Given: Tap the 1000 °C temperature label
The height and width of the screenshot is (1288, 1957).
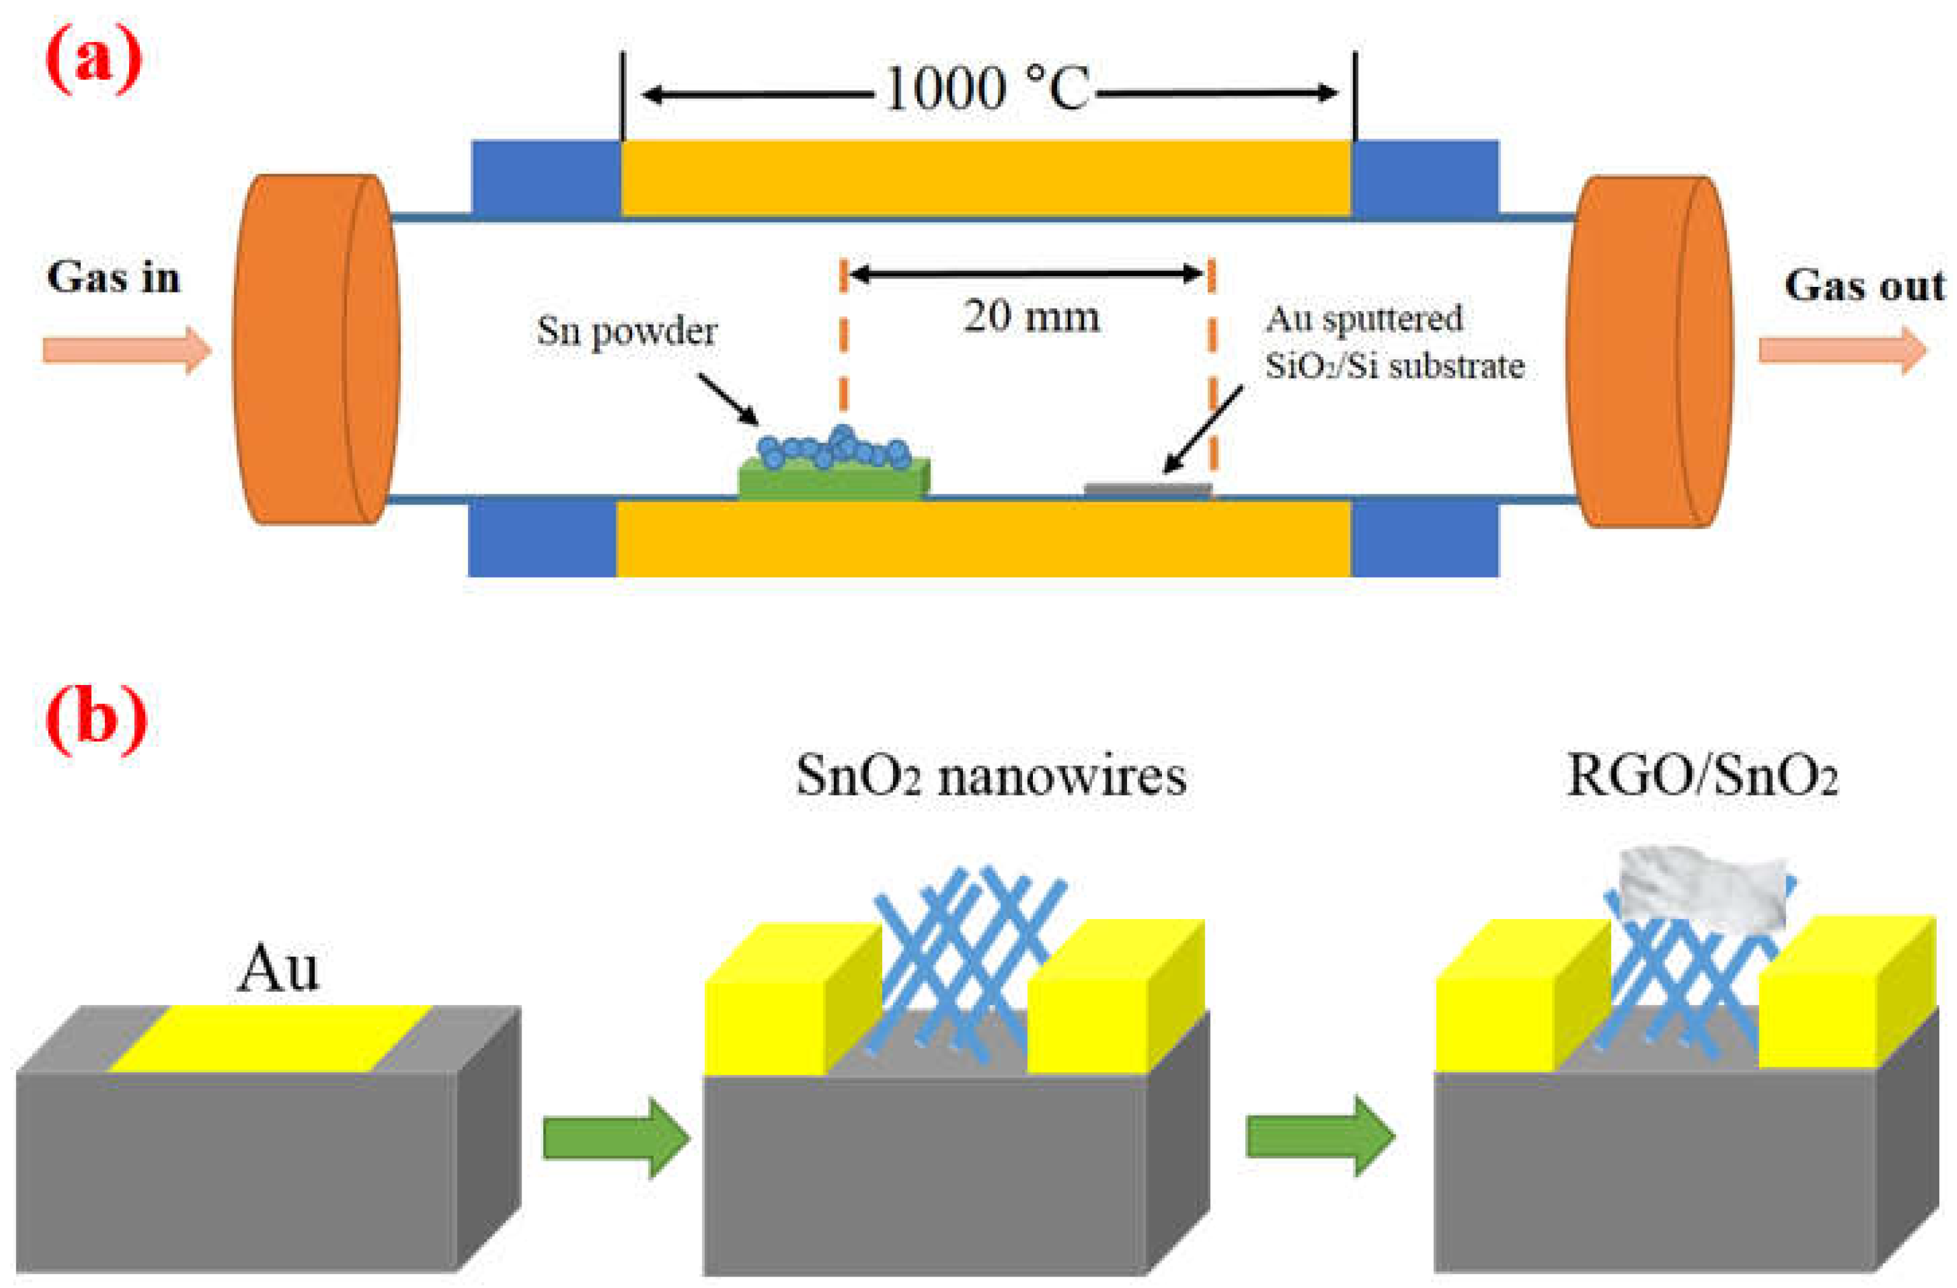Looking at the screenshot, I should tap(986, 89).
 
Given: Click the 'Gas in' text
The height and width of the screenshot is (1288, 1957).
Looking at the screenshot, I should tap(113, 277).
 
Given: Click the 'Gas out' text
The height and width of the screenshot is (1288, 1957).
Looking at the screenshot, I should tap(1864, 286).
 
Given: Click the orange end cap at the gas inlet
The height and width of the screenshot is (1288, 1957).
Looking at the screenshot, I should tap(317, 350).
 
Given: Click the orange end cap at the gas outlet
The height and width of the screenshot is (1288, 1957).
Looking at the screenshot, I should tap(1649, 351).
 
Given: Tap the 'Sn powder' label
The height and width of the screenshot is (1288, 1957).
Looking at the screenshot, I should tap(626, 331).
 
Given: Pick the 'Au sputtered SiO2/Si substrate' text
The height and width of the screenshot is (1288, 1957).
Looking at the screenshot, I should tap(1393, 342).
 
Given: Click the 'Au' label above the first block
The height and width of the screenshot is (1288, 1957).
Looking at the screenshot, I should tap(277, 969).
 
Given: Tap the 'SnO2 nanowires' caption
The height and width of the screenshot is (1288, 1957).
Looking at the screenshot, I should tap(991, 775).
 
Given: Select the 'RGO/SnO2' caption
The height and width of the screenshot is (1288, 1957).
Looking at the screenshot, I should tap(1702, 775).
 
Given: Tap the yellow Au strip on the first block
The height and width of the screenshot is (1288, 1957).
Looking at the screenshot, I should tap(272, 1038).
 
